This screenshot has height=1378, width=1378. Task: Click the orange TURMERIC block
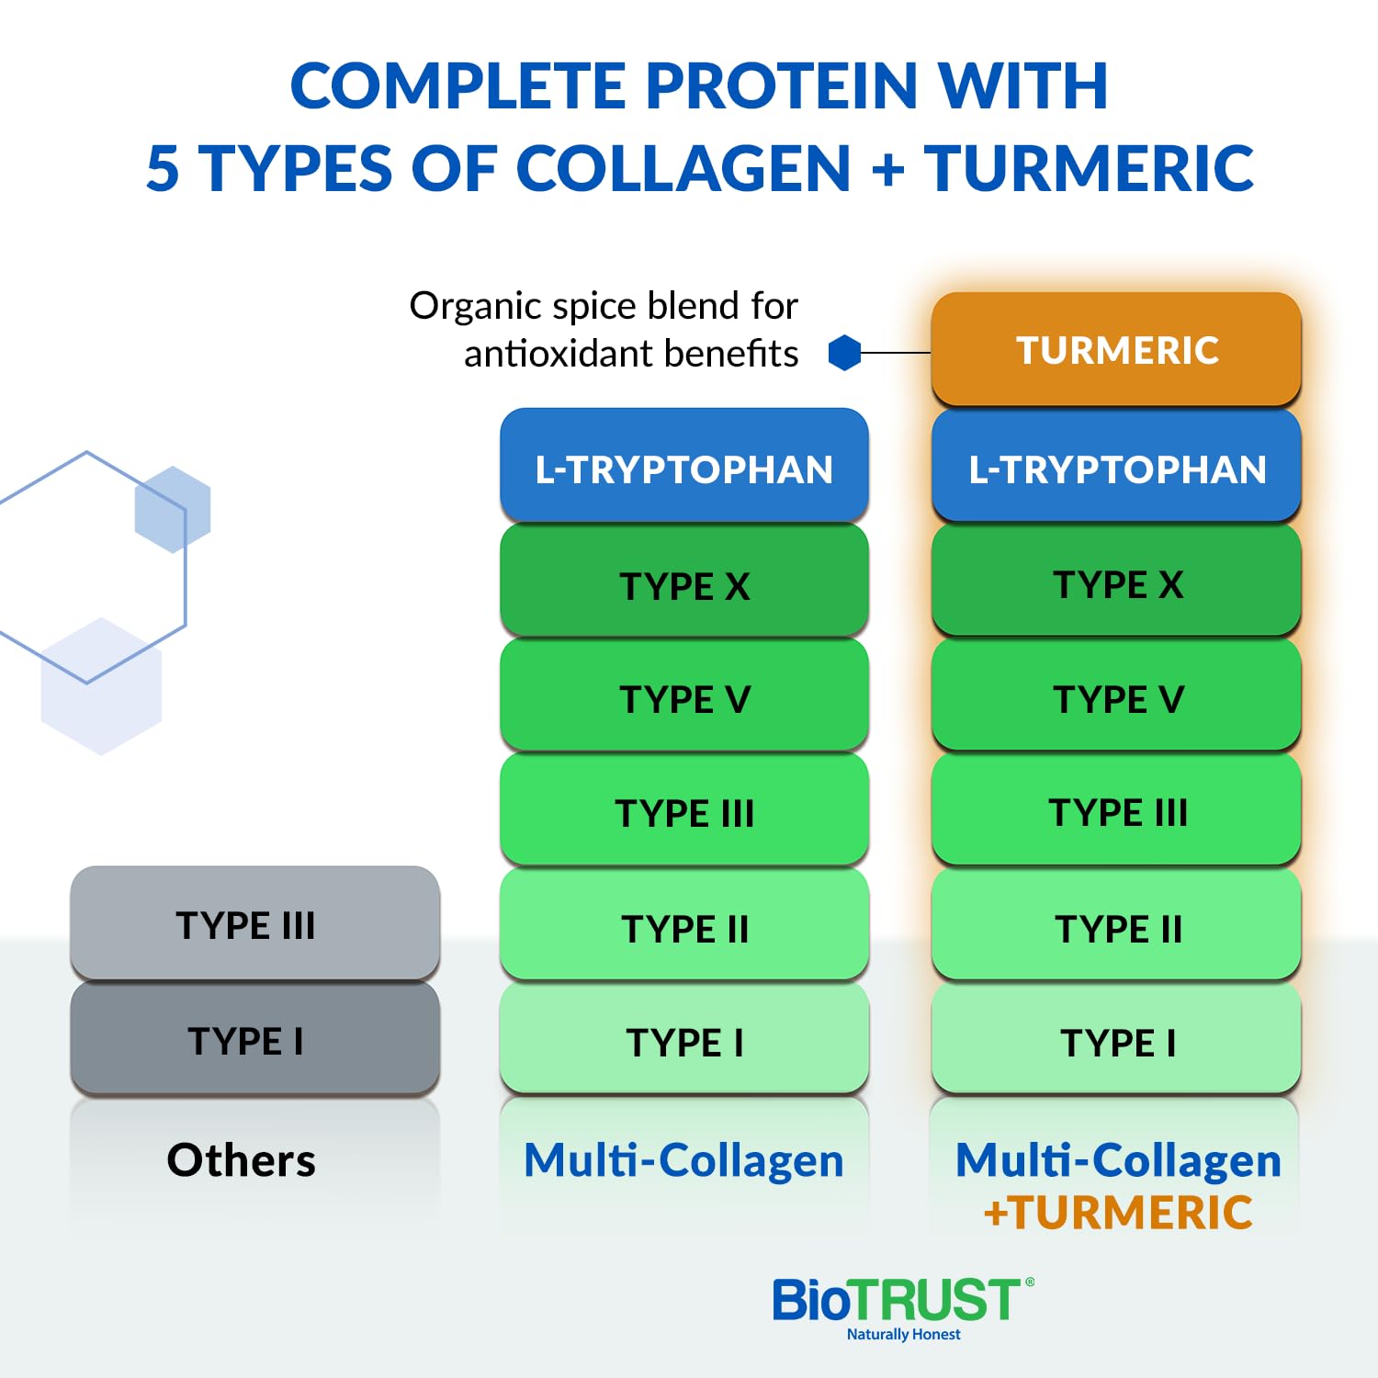tap(1116, 350)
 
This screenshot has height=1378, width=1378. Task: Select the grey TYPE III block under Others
tap(254, 923)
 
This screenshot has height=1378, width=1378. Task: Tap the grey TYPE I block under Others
tap(254, 1040)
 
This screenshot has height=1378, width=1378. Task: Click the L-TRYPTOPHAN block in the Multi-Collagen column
tap(684, 469)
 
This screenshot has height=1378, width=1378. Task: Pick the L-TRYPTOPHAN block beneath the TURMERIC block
tap(1116, 469)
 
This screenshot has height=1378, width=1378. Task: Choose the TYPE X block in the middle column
tap(684, 584)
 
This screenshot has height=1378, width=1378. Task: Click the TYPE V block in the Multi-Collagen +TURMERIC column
tap(1116, 698)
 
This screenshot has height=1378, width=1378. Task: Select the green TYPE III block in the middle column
tap(684, 812)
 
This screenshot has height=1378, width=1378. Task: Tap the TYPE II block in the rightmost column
tap(1116, 928)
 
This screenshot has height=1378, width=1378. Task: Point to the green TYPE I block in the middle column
tap(684, 1042)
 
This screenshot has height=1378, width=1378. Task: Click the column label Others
tap(241, 1159)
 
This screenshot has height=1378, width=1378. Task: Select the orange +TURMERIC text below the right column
tap(1118, 1213)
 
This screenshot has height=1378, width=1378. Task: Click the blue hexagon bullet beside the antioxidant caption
tap(844, 353)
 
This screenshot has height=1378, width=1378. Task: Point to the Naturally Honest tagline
tap(903, 1334)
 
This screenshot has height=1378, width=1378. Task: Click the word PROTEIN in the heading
tap(781, 86)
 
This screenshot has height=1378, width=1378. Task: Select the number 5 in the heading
tap(163, 169)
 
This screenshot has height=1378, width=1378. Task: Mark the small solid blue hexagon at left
tap(173, 509)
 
